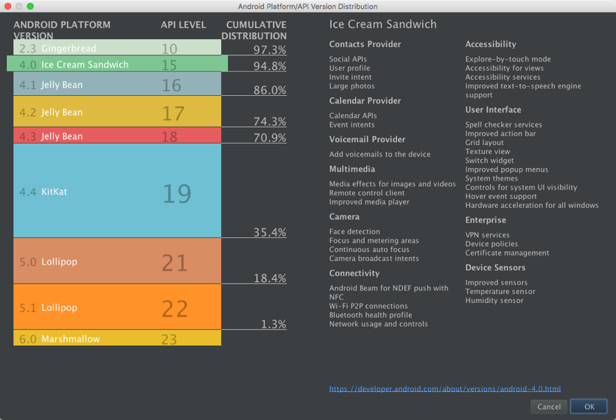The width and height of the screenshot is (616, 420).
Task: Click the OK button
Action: click(589, 407)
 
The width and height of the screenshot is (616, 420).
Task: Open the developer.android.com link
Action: click(444, 388)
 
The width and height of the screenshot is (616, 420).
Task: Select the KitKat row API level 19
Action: click(176, 193)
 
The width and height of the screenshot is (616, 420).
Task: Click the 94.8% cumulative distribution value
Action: click(269, 66)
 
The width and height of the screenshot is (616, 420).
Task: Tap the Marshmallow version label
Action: click(70, 339)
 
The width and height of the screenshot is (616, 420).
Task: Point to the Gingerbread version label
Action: click(69, 48)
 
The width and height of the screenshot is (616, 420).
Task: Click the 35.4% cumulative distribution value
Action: click(269, 232)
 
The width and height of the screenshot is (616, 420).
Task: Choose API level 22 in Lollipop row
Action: click(175, 308)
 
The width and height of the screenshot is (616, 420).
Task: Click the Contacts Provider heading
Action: click(365, 44)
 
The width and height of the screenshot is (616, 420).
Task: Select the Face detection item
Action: click(354, 232)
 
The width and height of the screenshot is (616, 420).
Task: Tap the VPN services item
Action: click(487, 235)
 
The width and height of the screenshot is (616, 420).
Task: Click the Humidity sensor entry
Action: click(494, 300)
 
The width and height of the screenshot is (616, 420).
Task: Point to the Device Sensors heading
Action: click(495, 267)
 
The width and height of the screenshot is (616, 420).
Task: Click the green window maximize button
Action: click(31, 6)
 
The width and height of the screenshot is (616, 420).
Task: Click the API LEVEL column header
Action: click(183, 25)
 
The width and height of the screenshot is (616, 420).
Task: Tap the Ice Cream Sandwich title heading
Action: click(383, 24)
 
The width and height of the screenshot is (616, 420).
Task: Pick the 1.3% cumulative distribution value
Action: click(274, 324)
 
